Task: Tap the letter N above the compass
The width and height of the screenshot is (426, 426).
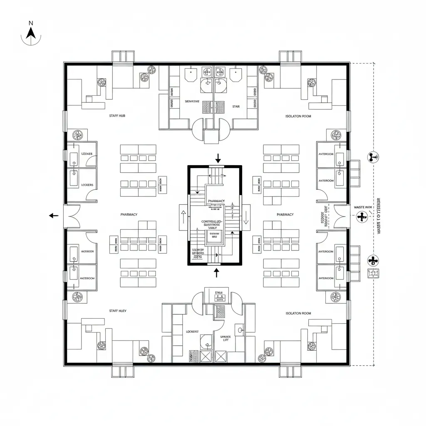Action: pos(31,23)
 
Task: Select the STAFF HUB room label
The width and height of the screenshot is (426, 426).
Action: pos(116,116)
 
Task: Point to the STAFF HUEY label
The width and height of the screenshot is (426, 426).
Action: pos(118,311)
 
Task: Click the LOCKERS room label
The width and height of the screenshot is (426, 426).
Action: pos(87,184)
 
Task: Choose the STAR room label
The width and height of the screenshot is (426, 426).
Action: pos(236,106)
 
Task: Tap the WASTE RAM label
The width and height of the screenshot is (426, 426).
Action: pos(363,207)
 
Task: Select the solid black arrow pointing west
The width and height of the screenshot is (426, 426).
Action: pos(53,215)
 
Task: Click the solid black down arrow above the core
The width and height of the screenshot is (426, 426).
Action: pos(218,158)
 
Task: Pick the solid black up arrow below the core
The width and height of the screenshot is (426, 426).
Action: pos(216,273)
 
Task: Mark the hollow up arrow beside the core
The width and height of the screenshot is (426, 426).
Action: pos(183,217)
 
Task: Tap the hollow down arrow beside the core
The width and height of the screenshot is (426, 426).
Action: pos(246,217)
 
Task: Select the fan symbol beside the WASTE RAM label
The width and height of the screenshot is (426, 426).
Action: pos(362,215)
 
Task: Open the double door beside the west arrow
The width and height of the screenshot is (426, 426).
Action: pos(72,216)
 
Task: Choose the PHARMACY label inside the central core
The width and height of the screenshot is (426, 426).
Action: pos(216,201)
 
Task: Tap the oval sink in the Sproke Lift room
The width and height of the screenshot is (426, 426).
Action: pos(240,330)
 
